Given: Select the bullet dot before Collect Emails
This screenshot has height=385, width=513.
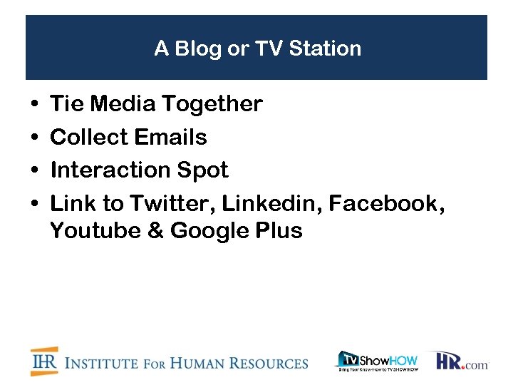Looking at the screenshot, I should (35, 138).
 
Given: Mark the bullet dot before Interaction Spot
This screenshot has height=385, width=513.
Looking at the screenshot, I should (35, 171).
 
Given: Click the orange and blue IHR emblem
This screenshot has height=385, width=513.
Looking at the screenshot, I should (44, 361).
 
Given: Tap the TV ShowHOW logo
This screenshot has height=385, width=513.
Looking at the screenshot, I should (377, 361).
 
